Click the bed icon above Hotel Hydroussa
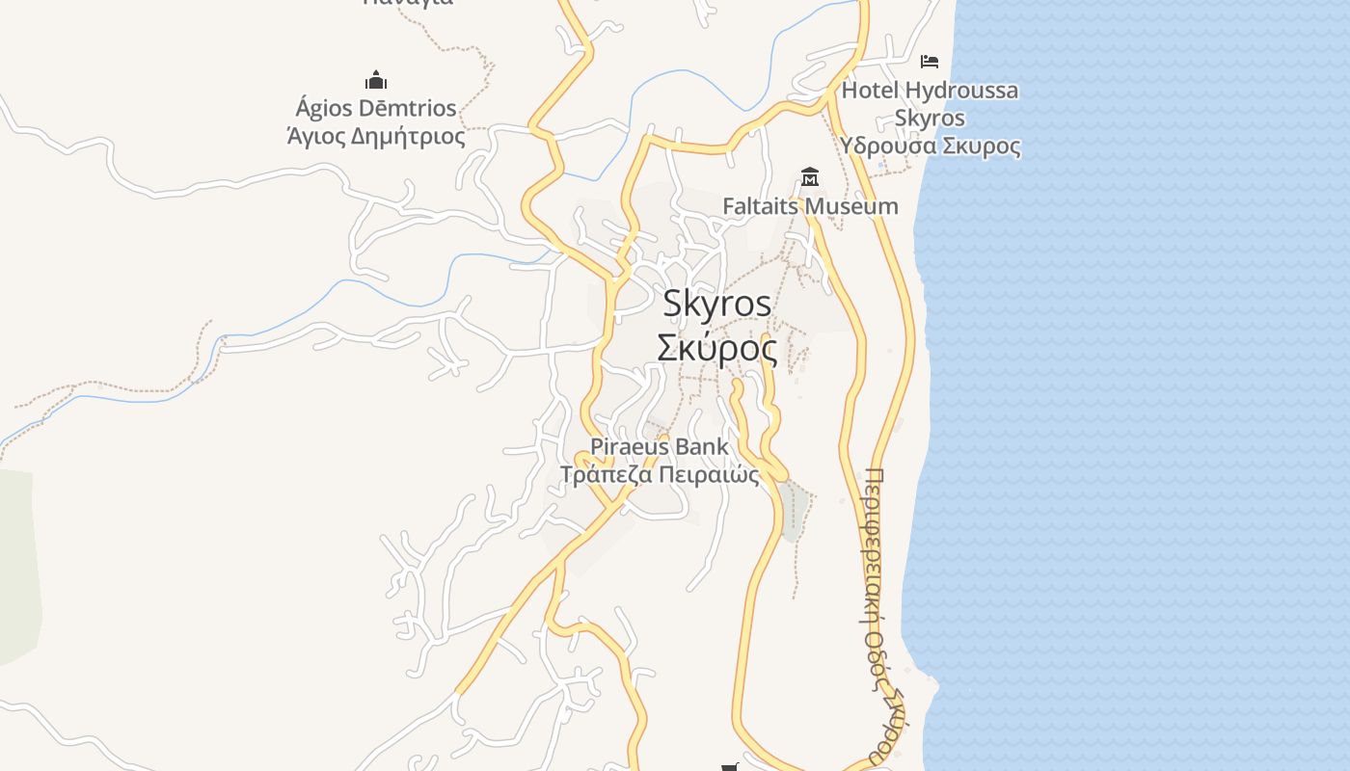point(930,62)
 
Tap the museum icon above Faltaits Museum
point(810,177)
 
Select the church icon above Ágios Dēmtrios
point(376,79)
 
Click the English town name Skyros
point(717,304)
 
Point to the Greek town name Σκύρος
point(717,348)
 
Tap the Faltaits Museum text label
point(810,206)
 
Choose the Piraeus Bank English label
point(660,447)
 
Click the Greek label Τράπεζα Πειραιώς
point(660,474)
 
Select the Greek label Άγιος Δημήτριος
point(376,136)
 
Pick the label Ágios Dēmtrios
point(376,107)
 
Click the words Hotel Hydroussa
point(930,91)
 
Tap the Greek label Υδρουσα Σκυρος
point(930,146)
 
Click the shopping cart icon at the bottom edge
point(730,767)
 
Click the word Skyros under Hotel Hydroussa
point(930,119)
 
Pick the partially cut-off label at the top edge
point(408,3)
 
